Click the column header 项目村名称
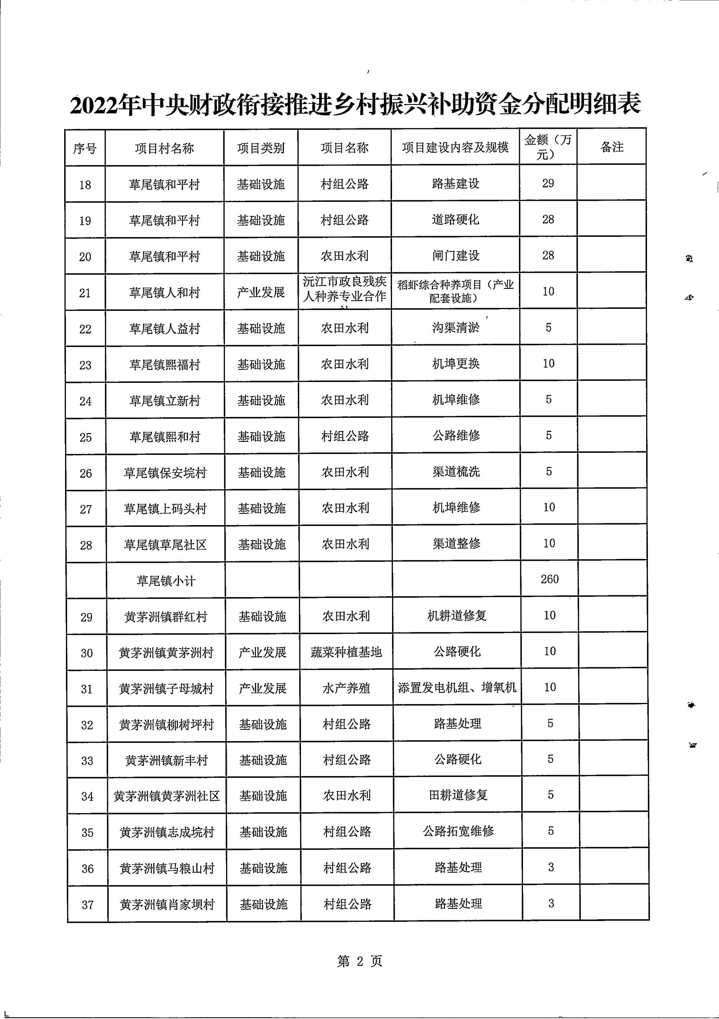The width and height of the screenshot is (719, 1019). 164,148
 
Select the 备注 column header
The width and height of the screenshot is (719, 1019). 611,147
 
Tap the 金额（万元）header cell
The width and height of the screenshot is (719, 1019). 548,147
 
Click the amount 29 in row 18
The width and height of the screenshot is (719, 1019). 548,183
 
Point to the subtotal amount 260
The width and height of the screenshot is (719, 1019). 549,579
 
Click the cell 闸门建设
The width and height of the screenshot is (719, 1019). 456,256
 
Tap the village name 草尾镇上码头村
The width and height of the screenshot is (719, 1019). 165,509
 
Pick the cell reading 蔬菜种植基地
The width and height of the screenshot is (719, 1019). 346,652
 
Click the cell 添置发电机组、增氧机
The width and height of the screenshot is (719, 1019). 457,687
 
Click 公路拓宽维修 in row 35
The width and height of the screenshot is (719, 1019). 458,831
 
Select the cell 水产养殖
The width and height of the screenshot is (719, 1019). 346,688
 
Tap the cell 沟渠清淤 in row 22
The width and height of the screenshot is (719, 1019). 456,328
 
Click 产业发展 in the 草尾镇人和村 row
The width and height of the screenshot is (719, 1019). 261,292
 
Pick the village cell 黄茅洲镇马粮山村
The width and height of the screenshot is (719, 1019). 167,868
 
